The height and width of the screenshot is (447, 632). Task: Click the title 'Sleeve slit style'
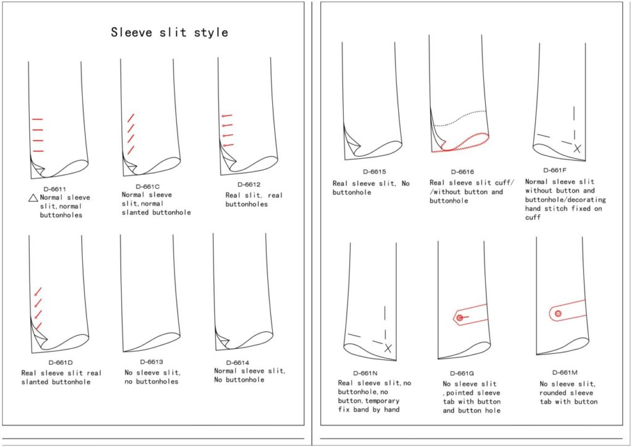169,32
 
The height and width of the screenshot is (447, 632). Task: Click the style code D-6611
55,189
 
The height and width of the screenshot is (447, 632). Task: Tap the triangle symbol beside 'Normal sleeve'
33,198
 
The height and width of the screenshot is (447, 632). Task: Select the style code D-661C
148,186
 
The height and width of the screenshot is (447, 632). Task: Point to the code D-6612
249,185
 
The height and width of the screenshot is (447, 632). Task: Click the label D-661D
60,363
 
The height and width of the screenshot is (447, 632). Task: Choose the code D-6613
152,362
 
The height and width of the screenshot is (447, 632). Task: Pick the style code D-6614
238,363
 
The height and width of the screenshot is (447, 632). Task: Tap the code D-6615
375,172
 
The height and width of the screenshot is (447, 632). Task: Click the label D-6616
462,172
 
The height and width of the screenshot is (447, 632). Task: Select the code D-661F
555,170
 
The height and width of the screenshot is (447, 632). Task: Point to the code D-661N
365,374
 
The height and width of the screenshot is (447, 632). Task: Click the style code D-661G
462,374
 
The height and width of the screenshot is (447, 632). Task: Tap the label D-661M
565,373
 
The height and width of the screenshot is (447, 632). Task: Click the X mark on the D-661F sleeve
577,148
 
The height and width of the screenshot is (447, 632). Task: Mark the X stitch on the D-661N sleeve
388,348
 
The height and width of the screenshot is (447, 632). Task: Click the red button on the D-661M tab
558,314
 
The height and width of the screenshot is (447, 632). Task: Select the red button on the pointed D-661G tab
460,318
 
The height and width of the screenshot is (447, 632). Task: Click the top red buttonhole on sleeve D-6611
38,119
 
